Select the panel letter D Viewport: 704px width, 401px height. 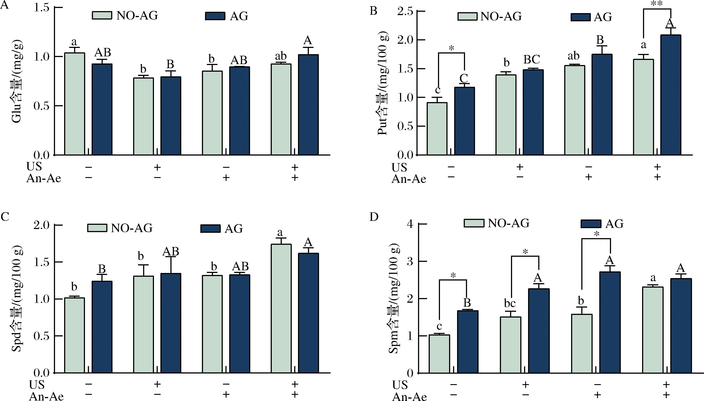[374, 217]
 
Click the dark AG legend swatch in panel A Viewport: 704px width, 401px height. [215, 16]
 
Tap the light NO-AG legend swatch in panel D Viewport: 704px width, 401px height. [473, 223]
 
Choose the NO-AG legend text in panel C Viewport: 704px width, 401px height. [132, 228]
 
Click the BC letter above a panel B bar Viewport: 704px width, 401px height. [531, 59]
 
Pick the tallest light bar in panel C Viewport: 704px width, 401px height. [281, 308]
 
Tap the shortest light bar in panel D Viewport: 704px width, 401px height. [439, 354]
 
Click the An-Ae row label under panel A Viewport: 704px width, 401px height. [43, 178]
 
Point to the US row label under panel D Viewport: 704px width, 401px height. [400, 385]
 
